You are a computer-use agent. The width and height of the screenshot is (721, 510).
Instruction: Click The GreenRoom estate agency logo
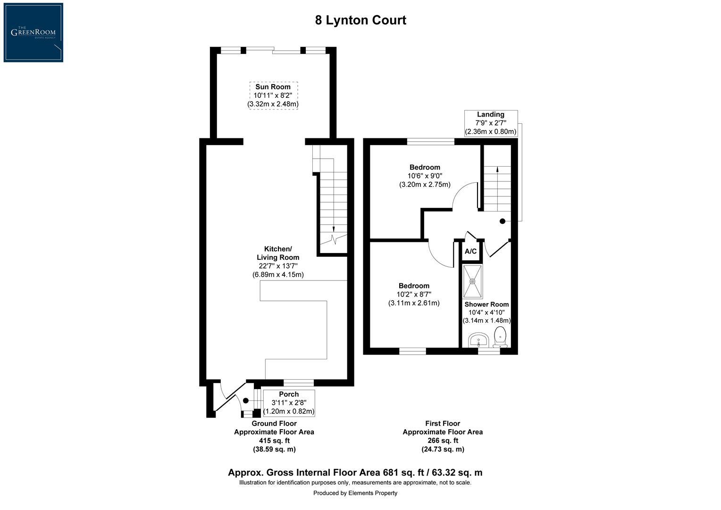(x=33, y=32)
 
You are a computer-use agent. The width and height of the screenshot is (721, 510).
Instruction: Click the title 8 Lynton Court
(x=360, y=20)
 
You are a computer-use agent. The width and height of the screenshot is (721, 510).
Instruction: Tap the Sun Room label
(x=273, y=87)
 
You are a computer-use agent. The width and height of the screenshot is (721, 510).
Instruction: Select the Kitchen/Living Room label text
(x=278, y=253)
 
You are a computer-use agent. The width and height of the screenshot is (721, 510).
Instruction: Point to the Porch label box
(x=289, y=403)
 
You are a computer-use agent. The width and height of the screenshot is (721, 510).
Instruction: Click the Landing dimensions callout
(x=491, y=123)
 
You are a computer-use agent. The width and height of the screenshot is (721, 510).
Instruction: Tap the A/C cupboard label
(x=470, y=252)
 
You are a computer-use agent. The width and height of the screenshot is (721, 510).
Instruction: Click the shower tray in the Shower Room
(x=472, y=281)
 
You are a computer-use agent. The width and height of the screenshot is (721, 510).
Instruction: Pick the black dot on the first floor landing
(x=503, y=221)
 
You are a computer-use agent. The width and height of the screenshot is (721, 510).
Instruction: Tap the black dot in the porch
(x=246, y=400)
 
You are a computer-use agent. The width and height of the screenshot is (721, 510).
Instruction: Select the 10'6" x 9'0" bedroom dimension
(x=425, y=176)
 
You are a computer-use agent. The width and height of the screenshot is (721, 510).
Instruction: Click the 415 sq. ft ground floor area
(x=274, y=441)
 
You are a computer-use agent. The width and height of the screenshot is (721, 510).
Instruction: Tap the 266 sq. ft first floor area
(x=443, y=441)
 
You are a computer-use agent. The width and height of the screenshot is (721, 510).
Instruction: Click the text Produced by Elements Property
(x=355, y=493)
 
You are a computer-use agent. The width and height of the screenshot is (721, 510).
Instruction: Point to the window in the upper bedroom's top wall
(x=431, y=141)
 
